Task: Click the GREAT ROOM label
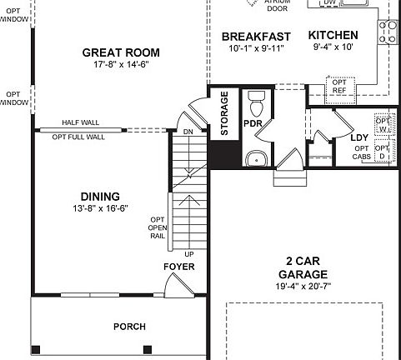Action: (121, 52)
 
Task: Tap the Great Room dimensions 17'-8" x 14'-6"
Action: (121, 65)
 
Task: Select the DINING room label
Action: (100, 197)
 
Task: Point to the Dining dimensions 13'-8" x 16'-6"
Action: (100, 209)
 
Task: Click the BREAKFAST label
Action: (256, 36)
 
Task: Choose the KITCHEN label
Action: (333, 35)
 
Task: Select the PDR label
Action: (253, 123)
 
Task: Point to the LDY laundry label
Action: (359, 137)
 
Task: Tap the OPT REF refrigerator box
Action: (339, 87)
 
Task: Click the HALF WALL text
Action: (80, 122)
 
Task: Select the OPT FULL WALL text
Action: (78, 137)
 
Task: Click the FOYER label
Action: (179, 266)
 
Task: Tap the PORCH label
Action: (129, 326)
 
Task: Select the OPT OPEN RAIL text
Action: (158, 227)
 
